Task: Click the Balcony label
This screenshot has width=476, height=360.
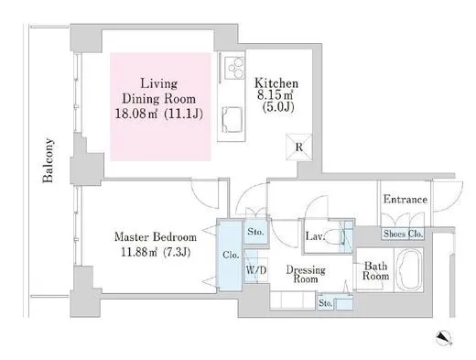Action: pyautogui.click(x=48, y=160)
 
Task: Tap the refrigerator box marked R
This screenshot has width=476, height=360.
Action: pyautogui.click(x=299, y=147)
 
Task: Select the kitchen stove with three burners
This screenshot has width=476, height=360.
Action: pyautogui.click(x=234, y=68)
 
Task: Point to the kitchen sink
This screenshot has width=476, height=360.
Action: pyautogui.click(x=233, y=119)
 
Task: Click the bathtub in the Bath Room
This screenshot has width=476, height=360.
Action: pyautogui.click(x=408, y=269)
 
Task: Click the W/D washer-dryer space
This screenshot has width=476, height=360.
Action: pyautogui.click(x=256, y=269)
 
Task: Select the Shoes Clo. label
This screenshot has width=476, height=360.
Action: pyautogui.click(x=403, y=234)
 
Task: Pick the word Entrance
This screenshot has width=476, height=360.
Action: pyautogui.click(x=406, y=200)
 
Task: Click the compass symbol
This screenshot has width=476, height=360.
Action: pyautogui.click(x=444, y=338)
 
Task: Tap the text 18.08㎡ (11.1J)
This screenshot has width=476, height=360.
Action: pyautogui.click(x=159, y=115)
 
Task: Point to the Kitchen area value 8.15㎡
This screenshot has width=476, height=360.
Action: pyautogui.click(x=276, y=95)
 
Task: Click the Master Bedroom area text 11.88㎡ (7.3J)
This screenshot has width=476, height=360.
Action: pyautogui.click(x=156, y=252)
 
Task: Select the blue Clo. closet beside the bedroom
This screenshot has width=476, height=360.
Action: pyautogui.click(x=230, y=255)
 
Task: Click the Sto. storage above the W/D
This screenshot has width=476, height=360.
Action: pyautogui.click(x=255, y=232)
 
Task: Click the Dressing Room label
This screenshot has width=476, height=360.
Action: pyautogui.click(x=306, y=274)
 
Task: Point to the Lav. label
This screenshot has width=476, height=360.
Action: pyautogui.click(x=314, y=236)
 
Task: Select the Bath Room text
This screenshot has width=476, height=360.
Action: pyautogui.click(x=375, y=271)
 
